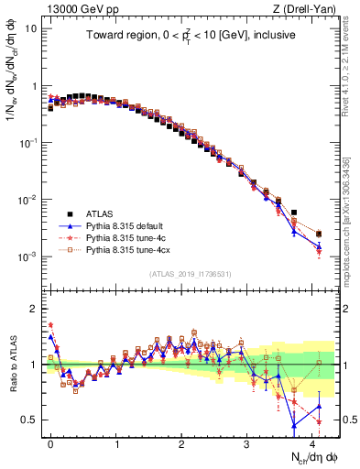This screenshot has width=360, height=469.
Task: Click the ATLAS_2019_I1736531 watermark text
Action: [x=190, y=274]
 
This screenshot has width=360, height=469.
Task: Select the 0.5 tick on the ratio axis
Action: [x=29, y=420]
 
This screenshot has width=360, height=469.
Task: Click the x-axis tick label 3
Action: [x=247, y=442]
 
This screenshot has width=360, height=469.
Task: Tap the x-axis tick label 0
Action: [x=50, y=442]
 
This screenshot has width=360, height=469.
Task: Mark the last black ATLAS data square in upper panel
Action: [x=319, y=234]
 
